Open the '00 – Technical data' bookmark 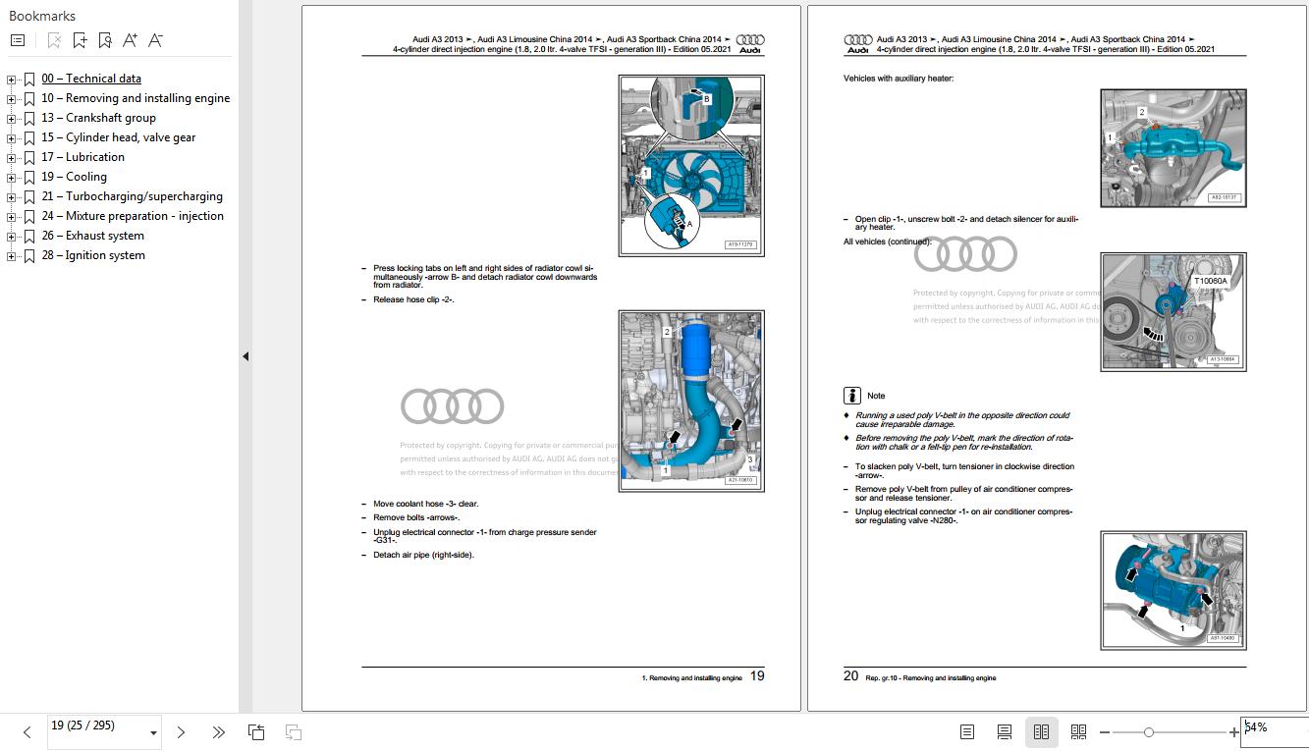90,79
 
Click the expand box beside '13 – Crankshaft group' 12,118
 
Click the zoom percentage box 1272,728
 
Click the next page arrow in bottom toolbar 181,732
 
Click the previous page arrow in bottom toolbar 27,732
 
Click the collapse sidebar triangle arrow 245,356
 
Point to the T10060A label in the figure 1210,281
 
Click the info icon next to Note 852,396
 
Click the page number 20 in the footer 850,675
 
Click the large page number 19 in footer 756,675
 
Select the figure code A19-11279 740,244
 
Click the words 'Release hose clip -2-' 413,299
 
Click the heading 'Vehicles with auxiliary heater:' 898,79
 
